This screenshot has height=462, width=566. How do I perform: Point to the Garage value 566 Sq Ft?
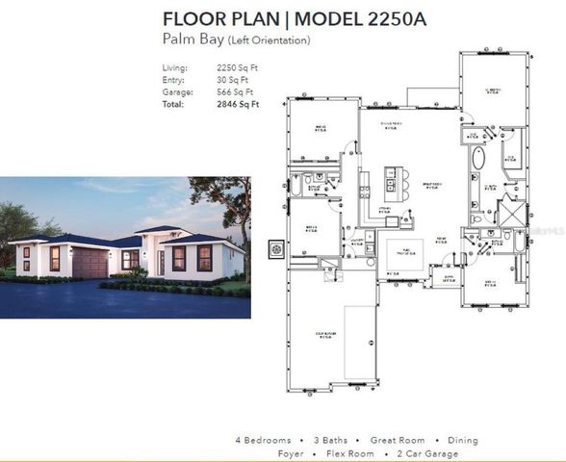tap(238, 91)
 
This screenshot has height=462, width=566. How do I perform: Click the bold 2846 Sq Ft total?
tap(239, 104)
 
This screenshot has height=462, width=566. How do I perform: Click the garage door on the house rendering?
tap(90, 263)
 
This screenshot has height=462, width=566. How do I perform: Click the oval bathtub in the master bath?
tap(476, 160)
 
